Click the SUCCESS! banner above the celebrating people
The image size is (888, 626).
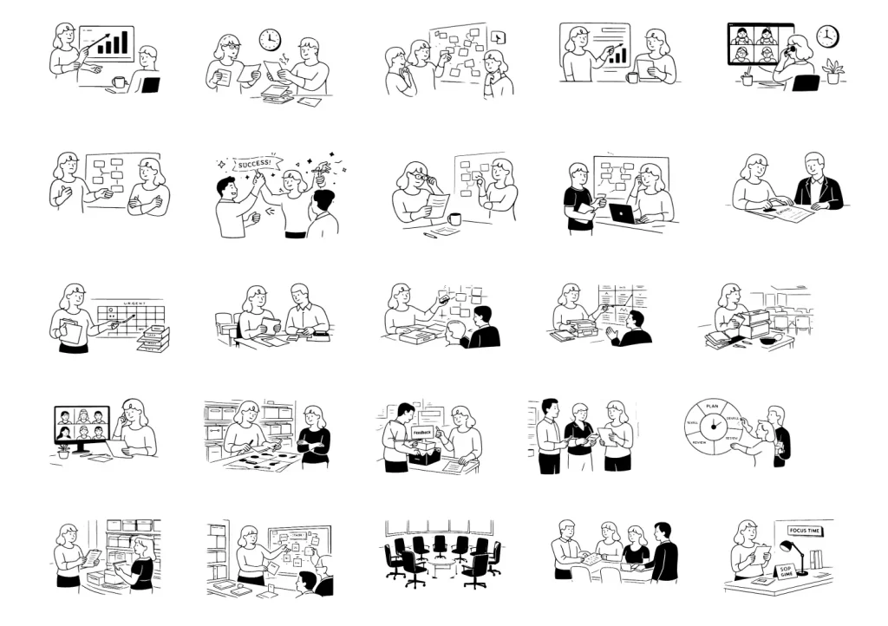click(258, 161)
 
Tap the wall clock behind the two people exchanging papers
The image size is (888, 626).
click(270, 40)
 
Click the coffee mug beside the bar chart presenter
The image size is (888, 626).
click(119, 82)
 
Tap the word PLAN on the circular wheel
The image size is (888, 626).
click(713, 406)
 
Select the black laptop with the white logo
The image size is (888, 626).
click(622, 213)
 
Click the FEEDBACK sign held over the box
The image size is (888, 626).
click(422, 432)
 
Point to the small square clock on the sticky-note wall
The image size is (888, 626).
click(498, 37)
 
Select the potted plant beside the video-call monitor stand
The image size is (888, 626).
click(63, 451)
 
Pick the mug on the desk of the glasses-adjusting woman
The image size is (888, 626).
click(454, 218)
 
